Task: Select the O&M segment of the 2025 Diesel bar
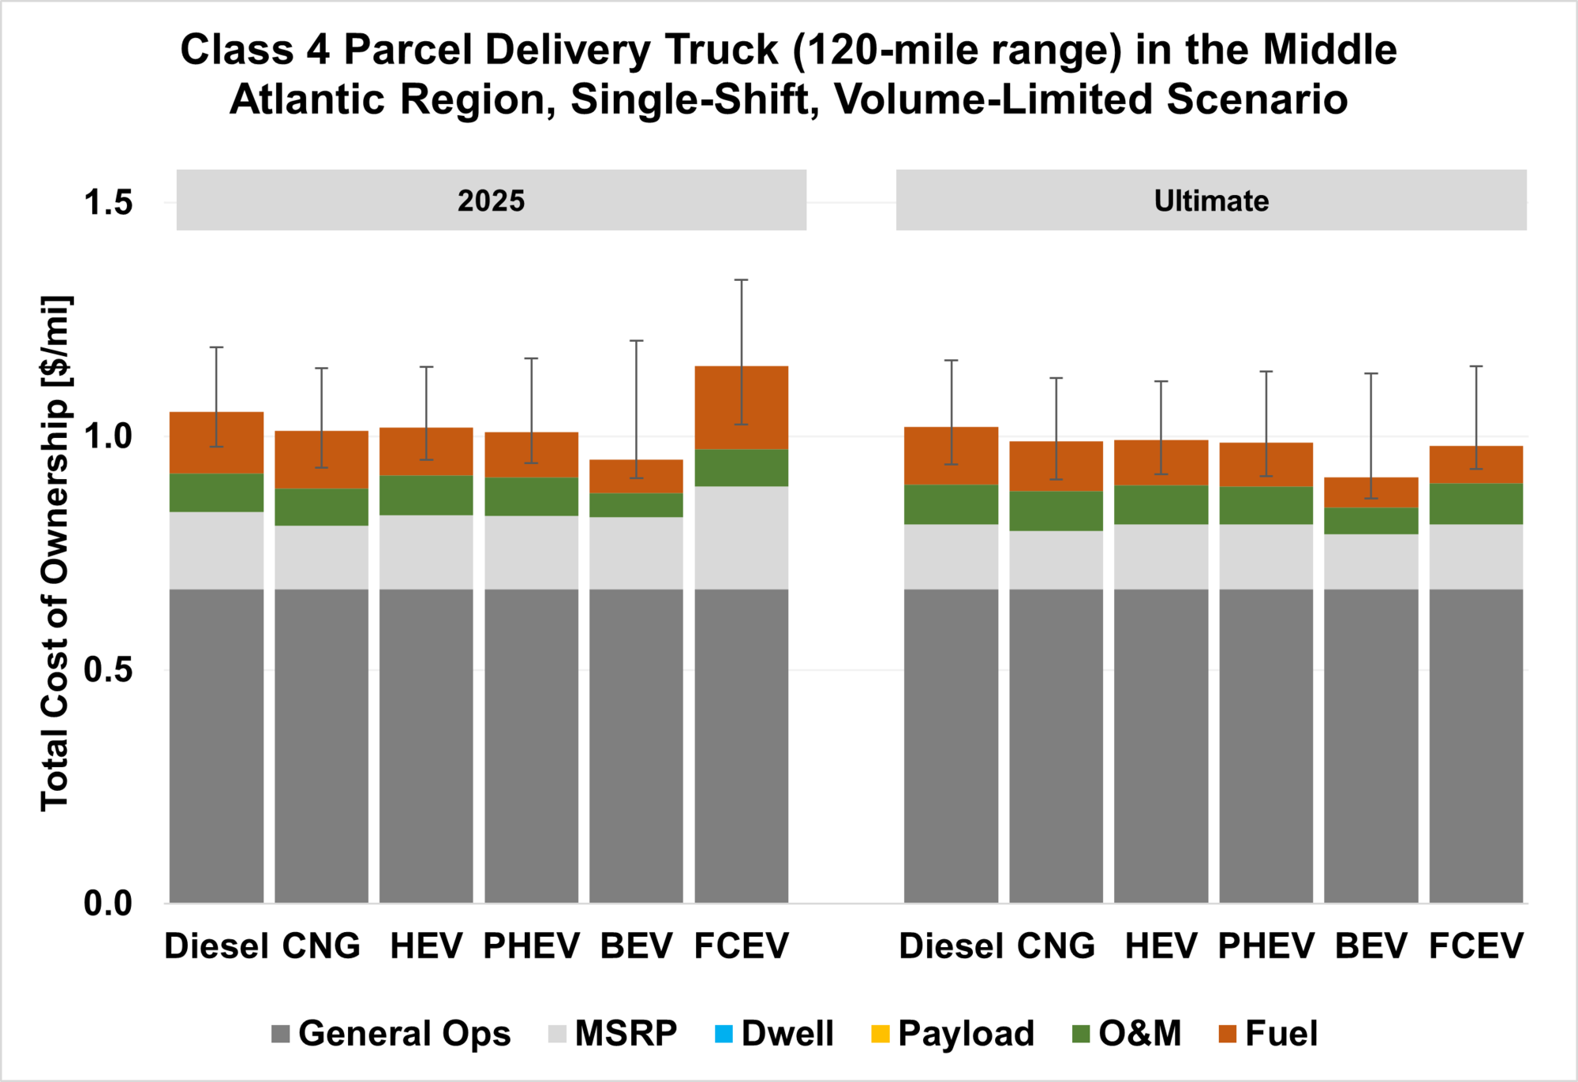click(x=216, y=492)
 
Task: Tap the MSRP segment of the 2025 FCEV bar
click(x=741, y=537)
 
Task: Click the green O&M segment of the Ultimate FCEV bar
click(x=1475, y=504)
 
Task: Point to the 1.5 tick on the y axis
click(x=108, y=203)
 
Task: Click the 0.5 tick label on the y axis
click(x=108, y=670)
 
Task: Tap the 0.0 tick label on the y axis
click(x=108, y=904)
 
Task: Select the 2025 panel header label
click(x=491, y=201)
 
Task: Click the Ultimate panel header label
click(x=1211, y=201)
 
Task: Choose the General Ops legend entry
click(x=391, y=1034)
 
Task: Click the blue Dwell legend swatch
click(x=723, y=1034)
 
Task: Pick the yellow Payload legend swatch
click(x=880, y=1034)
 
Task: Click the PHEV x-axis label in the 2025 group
click(x=531, y=945)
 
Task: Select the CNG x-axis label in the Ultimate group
click(x=1056, y=945)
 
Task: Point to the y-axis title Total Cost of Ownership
click(x=56, y=552)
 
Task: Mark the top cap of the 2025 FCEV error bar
click(x=741, y=280)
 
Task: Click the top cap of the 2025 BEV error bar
click(x=636, y=341)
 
